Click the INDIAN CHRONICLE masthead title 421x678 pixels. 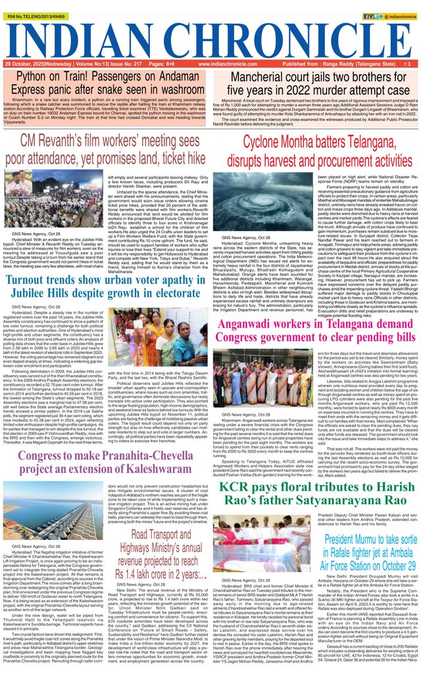[x=210, y=34]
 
